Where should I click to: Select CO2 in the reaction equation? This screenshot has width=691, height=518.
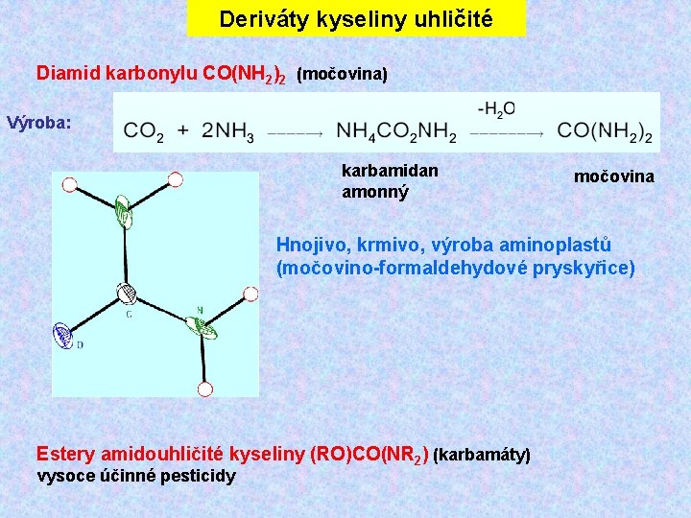coord(144,130)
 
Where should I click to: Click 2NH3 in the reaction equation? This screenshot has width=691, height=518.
coord(227,130)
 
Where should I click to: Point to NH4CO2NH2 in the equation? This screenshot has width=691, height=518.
coord(396,130)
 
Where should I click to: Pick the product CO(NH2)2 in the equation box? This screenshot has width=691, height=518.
coord(605,130)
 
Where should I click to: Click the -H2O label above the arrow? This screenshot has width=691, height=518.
coord(495,108)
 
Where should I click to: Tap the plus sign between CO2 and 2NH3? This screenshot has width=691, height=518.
coord(182,130)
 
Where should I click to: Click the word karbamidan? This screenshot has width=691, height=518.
coord(390,170)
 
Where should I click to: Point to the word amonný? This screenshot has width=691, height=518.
coord(374,191)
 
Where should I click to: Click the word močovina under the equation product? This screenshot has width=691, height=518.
coord(614,176)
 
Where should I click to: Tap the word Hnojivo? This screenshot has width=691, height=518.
coord(311,245)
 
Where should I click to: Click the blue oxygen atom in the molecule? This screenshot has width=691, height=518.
coord(64,335)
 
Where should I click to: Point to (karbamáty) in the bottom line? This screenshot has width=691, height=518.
coord(483,453)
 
